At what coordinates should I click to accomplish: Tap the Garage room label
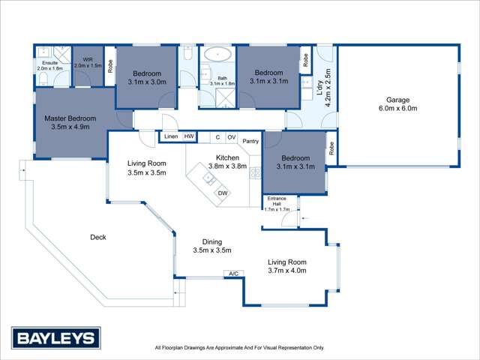(x=400, y=104)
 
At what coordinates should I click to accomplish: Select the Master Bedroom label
(x=70, y=122)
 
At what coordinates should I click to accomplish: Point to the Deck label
(x=97, y=237)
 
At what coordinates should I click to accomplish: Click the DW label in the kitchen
(x=222, y=193)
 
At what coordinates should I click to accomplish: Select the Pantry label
(x=250, y=140)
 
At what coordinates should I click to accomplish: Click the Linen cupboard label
(x=172, y=136)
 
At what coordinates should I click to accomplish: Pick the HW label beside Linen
(x=189, y=136)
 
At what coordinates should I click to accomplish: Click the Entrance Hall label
(x=276, y=205)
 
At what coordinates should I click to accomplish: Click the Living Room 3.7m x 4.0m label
(x=287, y=266)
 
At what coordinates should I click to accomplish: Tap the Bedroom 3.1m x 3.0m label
(x=147, y=77)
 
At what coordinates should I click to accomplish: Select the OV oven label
(x=232, y=137)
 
